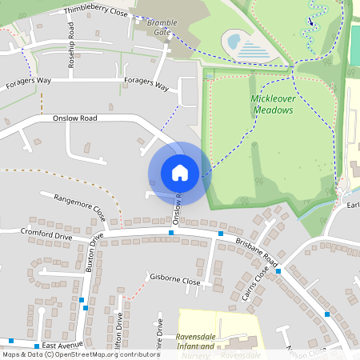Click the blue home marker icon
click(180, 172)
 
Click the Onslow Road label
click(74, 118)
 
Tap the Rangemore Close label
click(79, 206)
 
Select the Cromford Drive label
click(46, 234)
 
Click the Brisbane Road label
click(256, 250)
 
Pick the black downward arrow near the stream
click(310, 21)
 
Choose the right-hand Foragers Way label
click(147, 85)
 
